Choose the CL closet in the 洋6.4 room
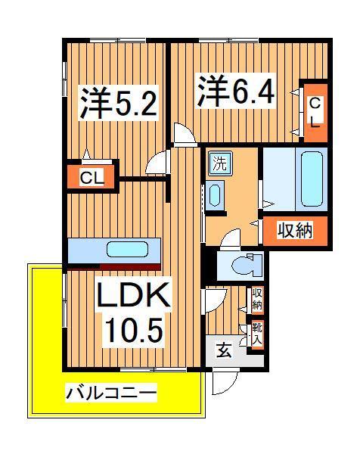click(313, 110)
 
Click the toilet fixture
click(244, 266)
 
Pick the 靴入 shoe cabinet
click(257, 332)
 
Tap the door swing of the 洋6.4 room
click(183, 135)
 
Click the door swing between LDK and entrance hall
click(212, 297)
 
